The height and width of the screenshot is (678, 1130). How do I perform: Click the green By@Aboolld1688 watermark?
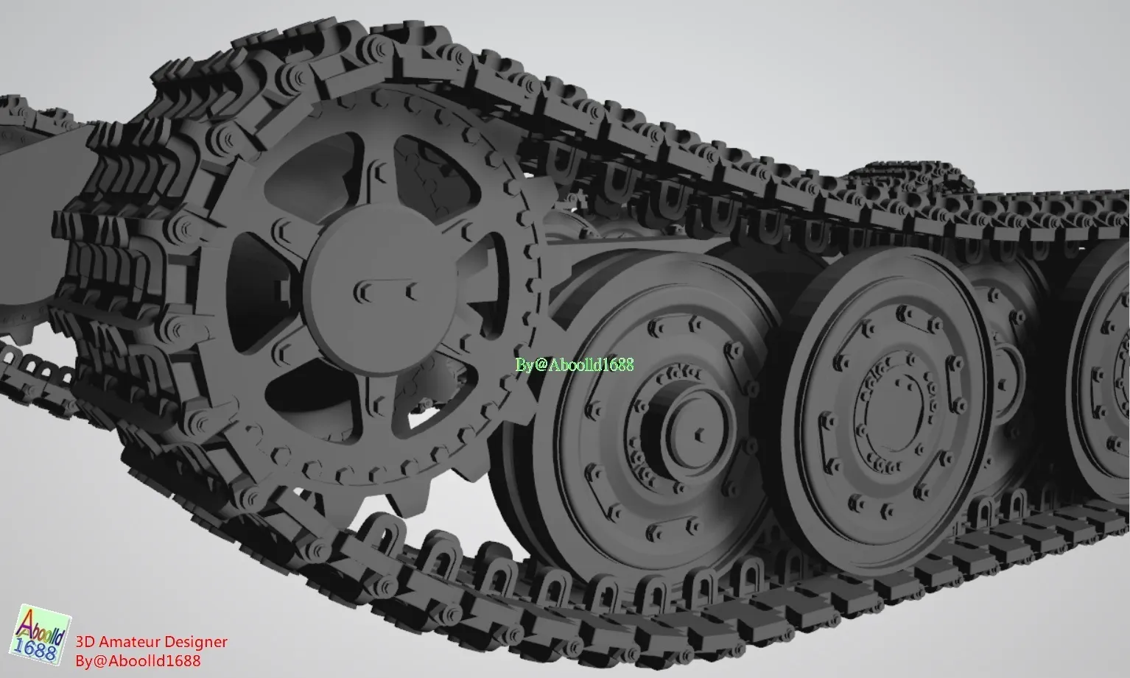tap(575, 365)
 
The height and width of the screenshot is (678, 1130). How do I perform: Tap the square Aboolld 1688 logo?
tap(40, 635)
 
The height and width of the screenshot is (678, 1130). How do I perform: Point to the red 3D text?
tap(85, 642)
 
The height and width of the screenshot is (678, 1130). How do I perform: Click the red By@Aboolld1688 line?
tap(138, 661)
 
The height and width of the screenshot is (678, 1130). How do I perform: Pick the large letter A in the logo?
tap(28, 625)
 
